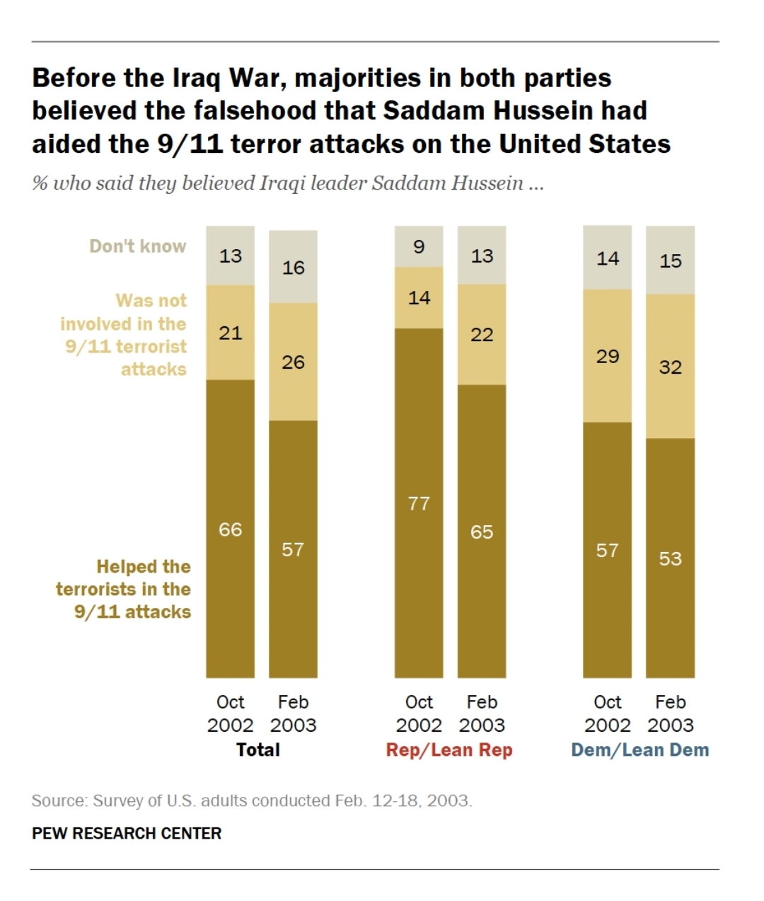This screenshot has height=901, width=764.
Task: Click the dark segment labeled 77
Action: (419, 503)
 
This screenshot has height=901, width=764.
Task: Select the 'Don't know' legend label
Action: (137, 246)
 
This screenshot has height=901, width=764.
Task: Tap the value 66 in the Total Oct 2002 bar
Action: (230, 529)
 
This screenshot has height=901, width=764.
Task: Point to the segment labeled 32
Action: (670, 367)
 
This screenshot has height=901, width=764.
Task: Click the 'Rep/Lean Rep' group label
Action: (449, 750)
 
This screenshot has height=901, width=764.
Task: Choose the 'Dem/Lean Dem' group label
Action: (639, 750)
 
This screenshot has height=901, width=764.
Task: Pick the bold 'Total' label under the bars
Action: (258, 750)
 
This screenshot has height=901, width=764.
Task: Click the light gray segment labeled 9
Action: (419, 246)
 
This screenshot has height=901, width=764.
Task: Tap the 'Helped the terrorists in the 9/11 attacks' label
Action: (125, 589)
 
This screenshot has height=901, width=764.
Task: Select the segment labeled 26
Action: (293, 362)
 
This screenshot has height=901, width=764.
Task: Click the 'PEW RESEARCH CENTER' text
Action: (127, 834)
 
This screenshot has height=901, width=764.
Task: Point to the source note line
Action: (252, 801)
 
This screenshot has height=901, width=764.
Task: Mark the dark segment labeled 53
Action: (670, 558)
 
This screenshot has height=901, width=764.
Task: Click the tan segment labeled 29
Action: (607, 356)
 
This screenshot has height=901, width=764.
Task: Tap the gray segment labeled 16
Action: (293, 268)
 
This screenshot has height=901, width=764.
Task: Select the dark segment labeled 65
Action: (482, 532)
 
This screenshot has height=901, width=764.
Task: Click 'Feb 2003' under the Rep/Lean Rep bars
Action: (482, 713)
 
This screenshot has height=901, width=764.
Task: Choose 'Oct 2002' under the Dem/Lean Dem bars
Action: (607, 713)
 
